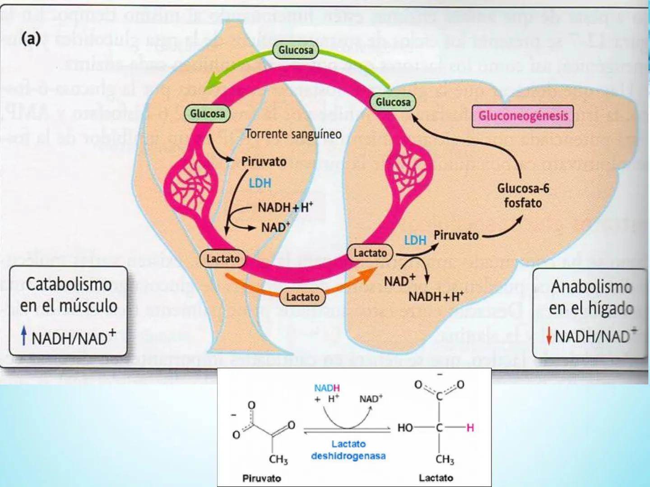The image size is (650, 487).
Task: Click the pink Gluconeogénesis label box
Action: pos(523,116)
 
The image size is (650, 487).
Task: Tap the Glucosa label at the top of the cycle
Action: pos(296,50)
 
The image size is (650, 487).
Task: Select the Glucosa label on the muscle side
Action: pos(207,114)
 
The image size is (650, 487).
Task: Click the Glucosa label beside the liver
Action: pos(393,102)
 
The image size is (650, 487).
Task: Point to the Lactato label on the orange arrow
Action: pos(302,297)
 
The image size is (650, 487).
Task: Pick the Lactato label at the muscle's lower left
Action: pos(223,258)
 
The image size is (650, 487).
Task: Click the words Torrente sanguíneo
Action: pos(293,134)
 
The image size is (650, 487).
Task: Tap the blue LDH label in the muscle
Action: pos(260,183)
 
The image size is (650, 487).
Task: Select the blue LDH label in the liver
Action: pos(415,240)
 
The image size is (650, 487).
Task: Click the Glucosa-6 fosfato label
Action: pos(523,195)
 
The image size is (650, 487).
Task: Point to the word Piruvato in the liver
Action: pos(456,235)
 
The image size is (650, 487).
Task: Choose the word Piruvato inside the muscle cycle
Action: pos(264,161)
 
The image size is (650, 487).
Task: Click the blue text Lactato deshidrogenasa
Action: pos(348,450)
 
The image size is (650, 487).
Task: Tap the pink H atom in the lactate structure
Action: pos(470,427)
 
